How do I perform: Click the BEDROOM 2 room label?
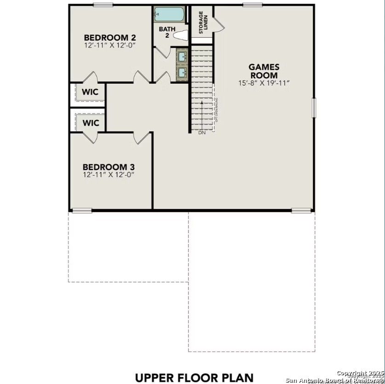110,37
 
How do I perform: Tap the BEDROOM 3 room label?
109,167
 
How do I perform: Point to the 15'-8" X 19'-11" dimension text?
264,83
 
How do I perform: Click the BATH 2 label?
167,32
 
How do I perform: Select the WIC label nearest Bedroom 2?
90,92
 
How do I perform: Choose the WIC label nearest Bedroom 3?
91,123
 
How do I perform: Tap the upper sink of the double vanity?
182,57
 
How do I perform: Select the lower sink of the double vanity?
182,72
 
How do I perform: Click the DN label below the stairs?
201,133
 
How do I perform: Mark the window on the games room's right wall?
314,108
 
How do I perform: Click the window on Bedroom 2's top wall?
103,5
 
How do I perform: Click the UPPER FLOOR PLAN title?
194,377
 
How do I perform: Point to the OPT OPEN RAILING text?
216,109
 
